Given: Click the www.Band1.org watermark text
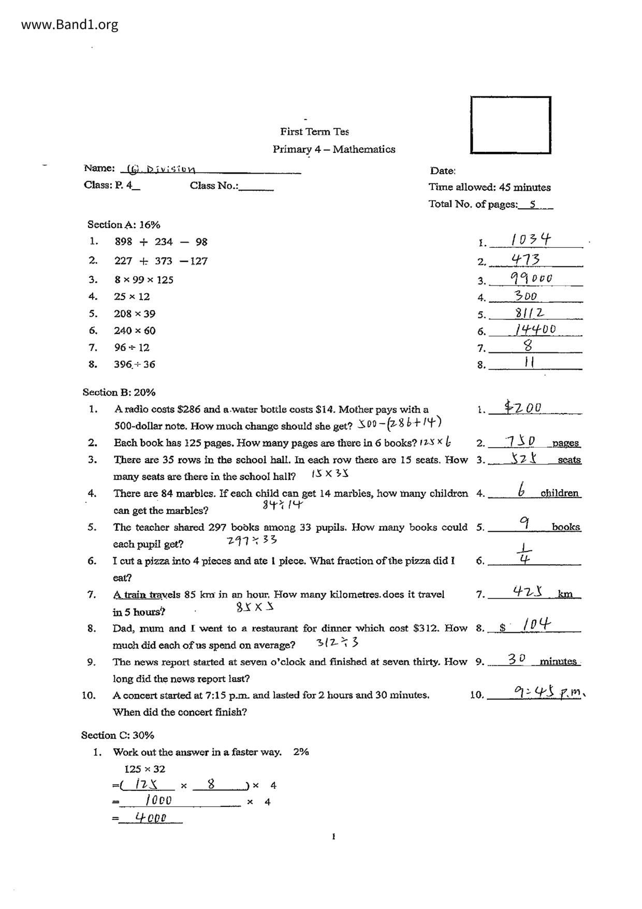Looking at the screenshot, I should point(70,24).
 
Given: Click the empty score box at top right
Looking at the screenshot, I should point(510,125).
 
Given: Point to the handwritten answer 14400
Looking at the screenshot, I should point(535,329).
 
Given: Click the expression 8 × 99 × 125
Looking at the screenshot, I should point(144,280).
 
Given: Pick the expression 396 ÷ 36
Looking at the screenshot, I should point(135,364).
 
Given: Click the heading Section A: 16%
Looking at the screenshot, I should point(124,224).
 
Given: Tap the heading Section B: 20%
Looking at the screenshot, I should point(119,392).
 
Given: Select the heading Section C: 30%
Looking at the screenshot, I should point(118,735).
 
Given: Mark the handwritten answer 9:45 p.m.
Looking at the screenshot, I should point(549,692).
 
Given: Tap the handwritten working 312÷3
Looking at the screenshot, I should point(337,643).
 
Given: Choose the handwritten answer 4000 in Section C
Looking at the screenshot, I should point(151,818).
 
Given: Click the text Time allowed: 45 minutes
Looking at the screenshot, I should point(489,187).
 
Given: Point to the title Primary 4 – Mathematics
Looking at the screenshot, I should point(334,149).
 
